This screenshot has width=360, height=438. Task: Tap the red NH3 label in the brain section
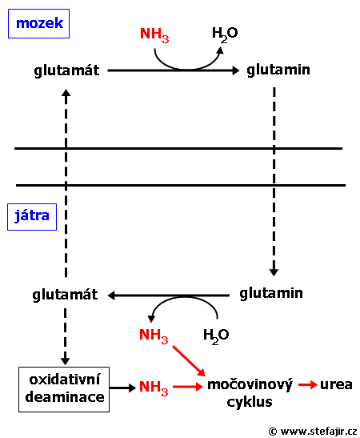pyautogui.click(x=154, y=35)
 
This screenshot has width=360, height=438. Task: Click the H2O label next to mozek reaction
pyautogui.click(x=225, y=34)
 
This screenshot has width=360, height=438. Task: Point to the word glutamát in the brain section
pyautogui.click(x=66, y=70)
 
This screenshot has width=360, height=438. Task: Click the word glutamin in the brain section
pyautogui.click(x=278, y=70)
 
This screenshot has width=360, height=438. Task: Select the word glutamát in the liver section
pyautogui.click(x=65, y=295)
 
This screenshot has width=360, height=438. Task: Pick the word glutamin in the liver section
pyautogui.click(x=271, y=293)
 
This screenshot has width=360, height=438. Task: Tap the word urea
pyautogui.click(x=336, y=384)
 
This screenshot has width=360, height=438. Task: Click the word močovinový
pyautogui.click(x=250, y=384)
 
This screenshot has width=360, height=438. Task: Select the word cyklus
pyautogui.click(x=250, y=402)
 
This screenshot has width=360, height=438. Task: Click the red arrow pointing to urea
pyautogui.click(x=307, y=385)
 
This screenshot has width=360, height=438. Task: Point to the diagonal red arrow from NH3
pyautogui.click(x=189, y=361)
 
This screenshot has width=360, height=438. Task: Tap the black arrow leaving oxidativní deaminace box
pyautogui.click(x=122, y=388)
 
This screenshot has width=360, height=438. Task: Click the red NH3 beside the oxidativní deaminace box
pyautogui.click(x=154, y=388)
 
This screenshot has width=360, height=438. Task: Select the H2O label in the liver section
pyautogui.click(x=216, y=336)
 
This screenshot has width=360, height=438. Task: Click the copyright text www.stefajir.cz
pyautogui.click(x=313, y=431)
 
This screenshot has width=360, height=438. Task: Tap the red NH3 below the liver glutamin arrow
pyautogui.click(x=154, y=336)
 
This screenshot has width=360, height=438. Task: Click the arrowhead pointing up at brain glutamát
pyautogui.click(x=66, y=93)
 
